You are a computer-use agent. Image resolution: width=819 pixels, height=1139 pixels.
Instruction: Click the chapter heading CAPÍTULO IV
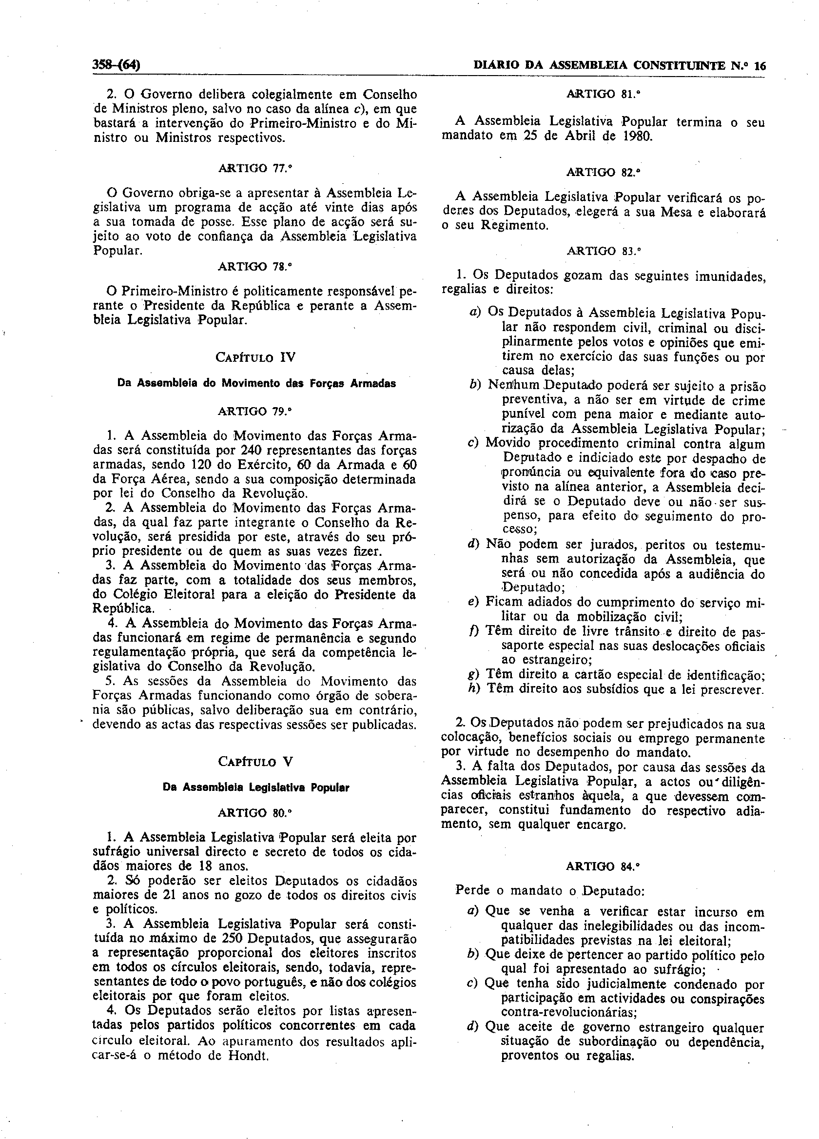point(255,357)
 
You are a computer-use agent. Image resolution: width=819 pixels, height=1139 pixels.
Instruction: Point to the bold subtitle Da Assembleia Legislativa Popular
point(255,787)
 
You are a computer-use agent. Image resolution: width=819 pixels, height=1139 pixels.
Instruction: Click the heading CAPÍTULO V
point(255,761)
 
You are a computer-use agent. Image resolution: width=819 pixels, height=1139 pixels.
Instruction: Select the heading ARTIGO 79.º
point(254,412)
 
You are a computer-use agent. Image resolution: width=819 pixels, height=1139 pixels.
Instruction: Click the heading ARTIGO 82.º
point(603,172)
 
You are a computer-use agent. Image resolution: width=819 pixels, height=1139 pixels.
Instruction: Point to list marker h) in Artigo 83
point(473,689)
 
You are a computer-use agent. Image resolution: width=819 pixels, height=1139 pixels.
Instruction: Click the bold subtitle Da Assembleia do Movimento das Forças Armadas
point(256,383)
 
